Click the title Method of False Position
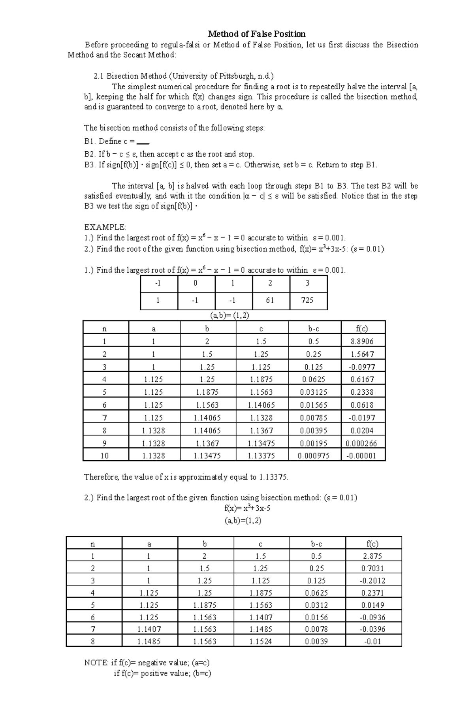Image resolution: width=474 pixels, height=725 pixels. point(257,34)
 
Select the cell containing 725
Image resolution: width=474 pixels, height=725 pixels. point(307,300)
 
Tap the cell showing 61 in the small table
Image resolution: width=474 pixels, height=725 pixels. point(270,300)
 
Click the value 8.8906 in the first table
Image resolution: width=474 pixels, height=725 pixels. point(362,341)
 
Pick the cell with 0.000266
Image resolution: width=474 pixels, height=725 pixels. point(362,443)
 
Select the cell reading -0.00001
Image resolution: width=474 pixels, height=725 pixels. point(362,456)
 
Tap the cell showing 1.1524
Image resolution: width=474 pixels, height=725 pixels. point(261,642)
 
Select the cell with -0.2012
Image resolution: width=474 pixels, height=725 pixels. point(372,581)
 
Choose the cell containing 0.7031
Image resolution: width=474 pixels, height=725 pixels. point(372,569)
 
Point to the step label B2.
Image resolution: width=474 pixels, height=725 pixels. point(90,154)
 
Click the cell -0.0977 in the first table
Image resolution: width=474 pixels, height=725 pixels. point(362,367)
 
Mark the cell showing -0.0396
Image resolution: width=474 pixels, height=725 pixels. point(372,629)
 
